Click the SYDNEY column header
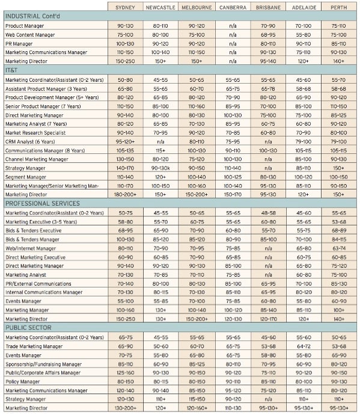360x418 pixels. (x=125, y=7)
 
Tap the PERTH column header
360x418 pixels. (x=339, y=7)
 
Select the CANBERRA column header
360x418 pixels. (x=233, y=7)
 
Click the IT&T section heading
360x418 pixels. (x=11, y=70)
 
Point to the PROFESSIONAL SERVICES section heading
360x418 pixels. (x=43, y=203)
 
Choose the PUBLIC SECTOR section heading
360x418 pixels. (x=28, y=328)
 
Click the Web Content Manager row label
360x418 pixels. (x=30, y=35)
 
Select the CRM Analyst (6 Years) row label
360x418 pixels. (x=30, y=141)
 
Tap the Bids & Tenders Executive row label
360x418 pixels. (x=34, y=230)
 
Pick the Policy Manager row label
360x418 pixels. (x=23, y=381)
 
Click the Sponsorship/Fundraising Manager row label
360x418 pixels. (x=44, y=364)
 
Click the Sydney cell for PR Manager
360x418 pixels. (x=125, y=43)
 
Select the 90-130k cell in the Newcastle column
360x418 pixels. (x=160, y=168)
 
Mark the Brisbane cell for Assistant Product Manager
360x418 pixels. (x=268, y=89)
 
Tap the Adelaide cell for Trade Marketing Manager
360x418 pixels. (x=304, y=346)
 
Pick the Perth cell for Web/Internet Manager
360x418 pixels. (x=339, y=248)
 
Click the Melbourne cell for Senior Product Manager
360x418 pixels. (x=197, y=106)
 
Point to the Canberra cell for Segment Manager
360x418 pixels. (x=233, y=177)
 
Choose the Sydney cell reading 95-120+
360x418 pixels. (x=125, y=141)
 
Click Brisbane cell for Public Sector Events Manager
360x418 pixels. (x=268, y=355)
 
